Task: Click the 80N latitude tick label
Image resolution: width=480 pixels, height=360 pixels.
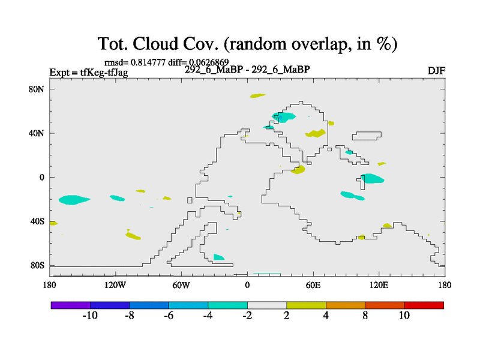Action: pos(37,89)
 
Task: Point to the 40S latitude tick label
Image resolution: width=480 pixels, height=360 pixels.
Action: pos(37,221)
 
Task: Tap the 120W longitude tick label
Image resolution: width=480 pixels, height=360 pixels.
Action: pos(115,286)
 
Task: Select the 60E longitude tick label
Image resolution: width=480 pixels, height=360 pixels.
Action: pos(313,286)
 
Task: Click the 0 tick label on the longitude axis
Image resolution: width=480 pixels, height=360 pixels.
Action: pos(247,286)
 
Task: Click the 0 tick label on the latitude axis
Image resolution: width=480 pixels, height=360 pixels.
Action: pos(41,178)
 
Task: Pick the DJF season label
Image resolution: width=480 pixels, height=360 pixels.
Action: pos(436,71)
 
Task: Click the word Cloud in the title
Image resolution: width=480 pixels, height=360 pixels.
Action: pos(155,44)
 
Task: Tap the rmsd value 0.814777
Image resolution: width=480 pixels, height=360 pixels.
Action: pos(148,62)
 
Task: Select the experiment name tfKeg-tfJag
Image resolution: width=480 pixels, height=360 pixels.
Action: pos(104,73)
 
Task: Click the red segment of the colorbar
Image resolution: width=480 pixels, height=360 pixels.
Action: pos(424,305)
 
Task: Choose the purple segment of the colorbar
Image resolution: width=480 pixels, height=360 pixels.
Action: pos(71,305)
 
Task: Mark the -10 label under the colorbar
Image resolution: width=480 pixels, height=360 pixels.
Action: pos(90,316)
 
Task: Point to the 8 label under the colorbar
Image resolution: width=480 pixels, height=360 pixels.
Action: pos(365,316)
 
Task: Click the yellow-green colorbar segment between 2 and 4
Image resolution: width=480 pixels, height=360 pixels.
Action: pos(307,305)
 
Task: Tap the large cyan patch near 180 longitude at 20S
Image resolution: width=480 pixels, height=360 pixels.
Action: pos(74,200)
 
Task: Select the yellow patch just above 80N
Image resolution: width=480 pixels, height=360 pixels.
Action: pos(258,96)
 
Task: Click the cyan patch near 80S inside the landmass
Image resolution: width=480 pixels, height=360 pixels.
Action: pos(218,257)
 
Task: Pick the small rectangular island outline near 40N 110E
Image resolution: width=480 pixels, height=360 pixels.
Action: pos(367,136)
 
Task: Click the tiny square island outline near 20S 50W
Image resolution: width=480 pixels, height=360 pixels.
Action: pos(190,200)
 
